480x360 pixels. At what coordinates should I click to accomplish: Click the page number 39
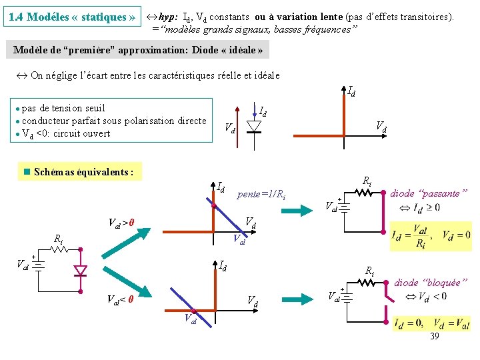tap(434, 337)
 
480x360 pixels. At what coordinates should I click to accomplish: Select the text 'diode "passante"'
tap(429, 193)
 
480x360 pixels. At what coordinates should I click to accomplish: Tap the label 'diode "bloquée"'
tap(427, 283)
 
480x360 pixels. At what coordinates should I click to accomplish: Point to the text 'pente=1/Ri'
tap(261, 195)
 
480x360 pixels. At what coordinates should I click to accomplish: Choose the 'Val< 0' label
tap(120, 299)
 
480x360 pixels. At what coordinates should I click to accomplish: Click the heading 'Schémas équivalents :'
tap(83, 172)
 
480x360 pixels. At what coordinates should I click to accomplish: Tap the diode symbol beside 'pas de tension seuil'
tap(254, 125)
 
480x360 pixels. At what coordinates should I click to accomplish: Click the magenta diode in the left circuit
tap(81, 271)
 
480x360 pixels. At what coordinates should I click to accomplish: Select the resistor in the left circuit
tap(60, 249)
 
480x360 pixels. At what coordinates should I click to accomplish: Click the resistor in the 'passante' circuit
tap(364, 193)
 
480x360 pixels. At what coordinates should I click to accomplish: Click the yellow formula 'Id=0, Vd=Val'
tap(431, 324)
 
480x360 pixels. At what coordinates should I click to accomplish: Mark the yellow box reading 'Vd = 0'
tap(457, 235)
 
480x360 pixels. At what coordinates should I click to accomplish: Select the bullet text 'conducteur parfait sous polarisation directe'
tap(114, 121)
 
